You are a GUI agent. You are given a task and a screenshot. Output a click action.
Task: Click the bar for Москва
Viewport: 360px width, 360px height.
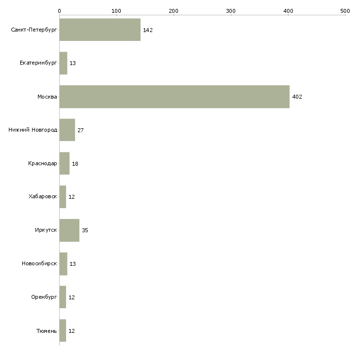174,97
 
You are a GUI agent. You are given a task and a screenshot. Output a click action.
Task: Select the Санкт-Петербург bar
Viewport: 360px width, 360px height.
100,30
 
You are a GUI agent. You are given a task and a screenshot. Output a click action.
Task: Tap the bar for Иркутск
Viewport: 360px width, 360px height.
69,230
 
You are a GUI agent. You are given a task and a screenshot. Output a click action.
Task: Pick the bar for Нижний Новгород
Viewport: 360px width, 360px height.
67,130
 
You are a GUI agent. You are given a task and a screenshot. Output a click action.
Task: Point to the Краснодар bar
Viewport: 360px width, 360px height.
64,163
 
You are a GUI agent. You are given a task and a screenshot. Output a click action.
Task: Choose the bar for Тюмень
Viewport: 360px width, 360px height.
63,330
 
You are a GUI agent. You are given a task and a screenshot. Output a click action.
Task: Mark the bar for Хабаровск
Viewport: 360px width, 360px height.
63,197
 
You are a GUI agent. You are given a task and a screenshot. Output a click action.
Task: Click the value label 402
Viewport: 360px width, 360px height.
297,97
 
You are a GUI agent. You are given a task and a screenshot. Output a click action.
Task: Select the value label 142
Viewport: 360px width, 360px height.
148,30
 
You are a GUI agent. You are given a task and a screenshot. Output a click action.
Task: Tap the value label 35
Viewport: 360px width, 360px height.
85,230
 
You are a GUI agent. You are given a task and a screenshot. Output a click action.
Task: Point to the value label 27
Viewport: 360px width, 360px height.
80,130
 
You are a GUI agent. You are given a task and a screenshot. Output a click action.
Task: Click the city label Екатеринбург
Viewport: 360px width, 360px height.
38,63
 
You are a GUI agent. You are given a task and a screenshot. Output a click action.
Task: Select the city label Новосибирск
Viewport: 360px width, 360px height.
39,264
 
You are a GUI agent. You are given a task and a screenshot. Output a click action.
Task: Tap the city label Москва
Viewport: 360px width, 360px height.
47,97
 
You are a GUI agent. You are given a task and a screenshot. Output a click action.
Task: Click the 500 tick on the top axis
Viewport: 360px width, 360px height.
345,10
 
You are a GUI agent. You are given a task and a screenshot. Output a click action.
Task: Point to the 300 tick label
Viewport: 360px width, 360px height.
231,10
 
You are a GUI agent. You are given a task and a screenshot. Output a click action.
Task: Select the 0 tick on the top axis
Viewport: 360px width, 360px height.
59,10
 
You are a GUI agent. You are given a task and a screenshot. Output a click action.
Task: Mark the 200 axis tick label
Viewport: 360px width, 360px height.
174,10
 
